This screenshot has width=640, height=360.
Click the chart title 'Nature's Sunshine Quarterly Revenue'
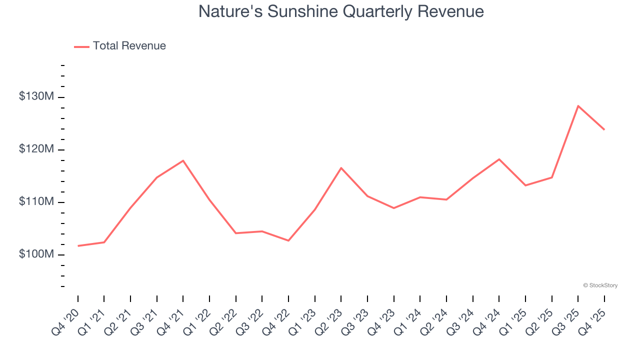[341, 11]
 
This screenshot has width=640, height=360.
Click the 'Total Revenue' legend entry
[129, 46]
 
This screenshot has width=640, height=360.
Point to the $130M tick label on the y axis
[36, 96]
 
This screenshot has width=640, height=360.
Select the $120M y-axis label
[36, 149]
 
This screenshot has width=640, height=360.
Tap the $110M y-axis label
[36, 201]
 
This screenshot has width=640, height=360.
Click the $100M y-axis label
[36, 254]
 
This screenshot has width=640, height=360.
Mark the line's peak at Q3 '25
[578, 106]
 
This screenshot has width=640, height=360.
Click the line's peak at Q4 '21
[183, 160]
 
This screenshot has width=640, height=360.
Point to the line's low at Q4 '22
[288, 240]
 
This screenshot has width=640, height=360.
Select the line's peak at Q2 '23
[341, 168]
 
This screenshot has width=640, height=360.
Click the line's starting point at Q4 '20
[78, 246]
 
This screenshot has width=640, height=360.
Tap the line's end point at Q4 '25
[604, 129]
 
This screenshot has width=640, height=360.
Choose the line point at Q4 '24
[499, 159]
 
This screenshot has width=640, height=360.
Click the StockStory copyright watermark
[600, 285]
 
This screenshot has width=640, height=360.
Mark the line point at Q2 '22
[235, 233]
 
